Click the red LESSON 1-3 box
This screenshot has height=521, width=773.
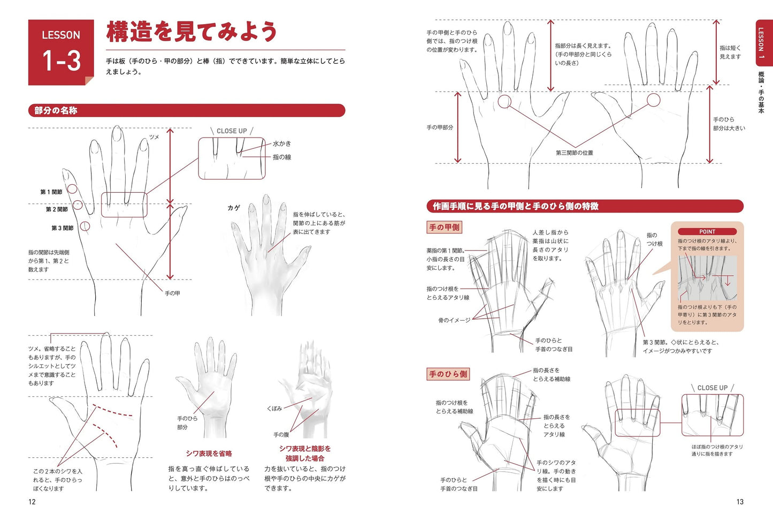tap(61, 52)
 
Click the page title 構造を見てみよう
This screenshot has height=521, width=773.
tap(192, 32)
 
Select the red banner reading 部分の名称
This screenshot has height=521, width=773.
tap(187, 110)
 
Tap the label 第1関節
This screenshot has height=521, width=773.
tap(51, 192)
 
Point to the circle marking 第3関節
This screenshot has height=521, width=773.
tap(85, 226)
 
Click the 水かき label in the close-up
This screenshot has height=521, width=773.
tap(282, 144)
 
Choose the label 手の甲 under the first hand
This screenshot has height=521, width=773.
tap(172, 293)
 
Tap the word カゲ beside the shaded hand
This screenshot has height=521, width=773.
tap(234, 208)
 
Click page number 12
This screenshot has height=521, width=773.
tap(32, 502)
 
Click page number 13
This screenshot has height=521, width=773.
tap(740, 502)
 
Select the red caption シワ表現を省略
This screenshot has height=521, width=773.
tap(209, 454)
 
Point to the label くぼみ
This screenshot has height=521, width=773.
tap(274, 409)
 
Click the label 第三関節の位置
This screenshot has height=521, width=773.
tap(575, 153)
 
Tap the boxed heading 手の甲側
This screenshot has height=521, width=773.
tap(445, 228)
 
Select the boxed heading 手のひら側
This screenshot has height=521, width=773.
tap(448, 374)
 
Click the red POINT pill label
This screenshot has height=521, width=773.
tap(707, 231)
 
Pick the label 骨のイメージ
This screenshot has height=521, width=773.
tap(455, 320)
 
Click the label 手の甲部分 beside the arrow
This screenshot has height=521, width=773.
tap(440, 127)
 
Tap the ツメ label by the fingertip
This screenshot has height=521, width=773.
tap(154, 137)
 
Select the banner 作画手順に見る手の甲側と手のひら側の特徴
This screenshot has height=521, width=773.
tap(585, 206)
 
